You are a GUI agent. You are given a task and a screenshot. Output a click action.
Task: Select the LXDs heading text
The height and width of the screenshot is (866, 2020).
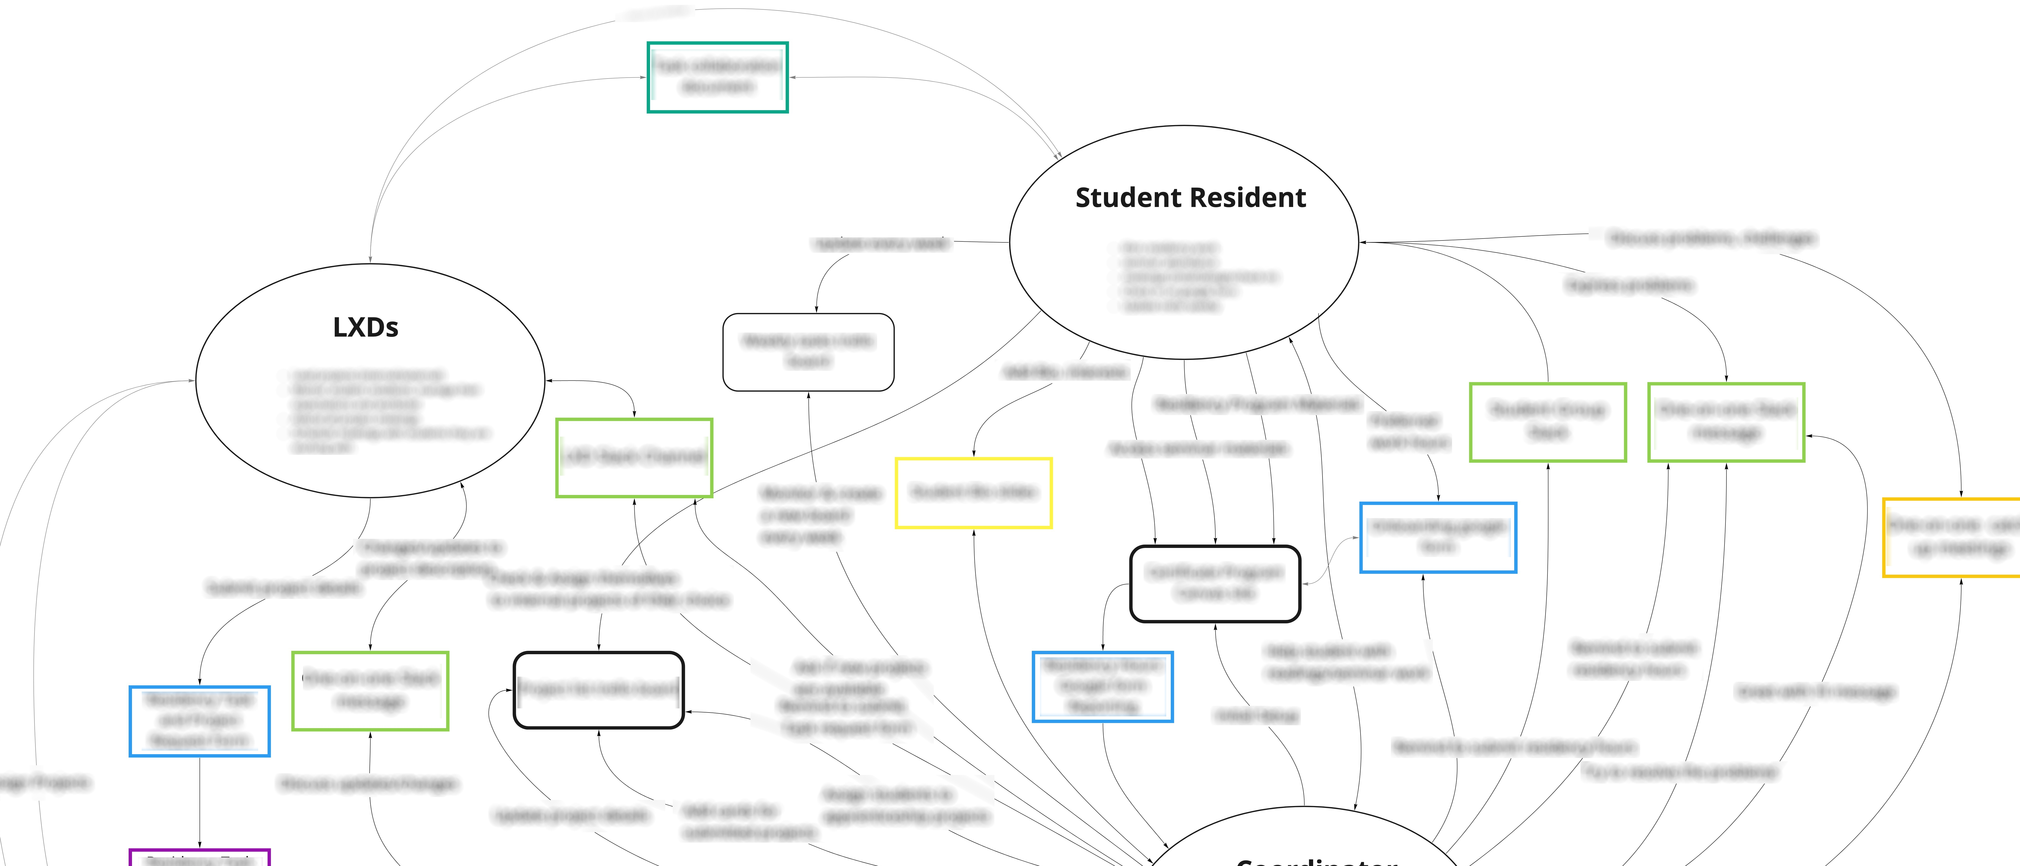coord(365,327)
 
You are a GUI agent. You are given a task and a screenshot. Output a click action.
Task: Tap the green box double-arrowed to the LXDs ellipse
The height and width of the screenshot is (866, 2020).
coord(634,457)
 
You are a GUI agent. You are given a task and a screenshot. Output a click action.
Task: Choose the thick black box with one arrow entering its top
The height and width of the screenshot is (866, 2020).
coord(598,690)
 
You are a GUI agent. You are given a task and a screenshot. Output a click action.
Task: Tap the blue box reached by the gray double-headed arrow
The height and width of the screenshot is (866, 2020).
coord(1437,537)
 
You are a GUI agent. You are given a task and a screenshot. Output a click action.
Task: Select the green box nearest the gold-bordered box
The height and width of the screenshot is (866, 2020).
coord(1726,422)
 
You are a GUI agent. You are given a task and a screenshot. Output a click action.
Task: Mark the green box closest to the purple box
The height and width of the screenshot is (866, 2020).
coord(370,690)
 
